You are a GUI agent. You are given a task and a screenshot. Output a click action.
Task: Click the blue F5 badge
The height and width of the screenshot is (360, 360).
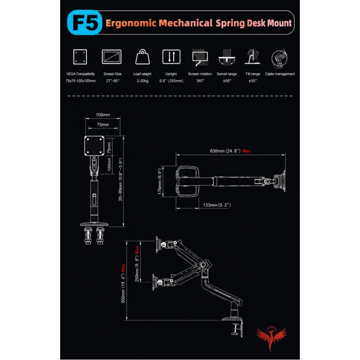click(x=84, y=22)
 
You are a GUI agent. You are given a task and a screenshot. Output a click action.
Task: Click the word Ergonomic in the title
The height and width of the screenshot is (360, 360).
click(x=131, y=23)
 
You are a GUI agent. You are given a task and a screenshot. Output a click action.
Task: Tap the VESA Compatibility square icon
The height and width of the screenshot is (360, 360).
click(x=80, y=57)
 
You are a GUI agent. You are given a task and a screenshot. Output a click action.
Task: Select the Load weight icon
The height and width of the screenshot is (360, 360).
click(x=142, y=57)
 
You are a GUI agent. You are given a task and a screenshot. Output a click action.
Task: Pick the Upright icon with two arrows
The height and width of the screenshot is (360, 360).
click(x=171, y=57)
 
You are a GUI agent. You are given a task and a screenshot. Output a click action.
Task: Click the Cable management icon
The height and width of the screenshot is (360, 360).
click(x=279, y=58)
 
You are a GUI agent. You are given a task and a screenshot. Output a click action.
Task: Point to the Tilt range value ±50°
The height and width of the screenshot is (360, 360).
click(x=253, y=81)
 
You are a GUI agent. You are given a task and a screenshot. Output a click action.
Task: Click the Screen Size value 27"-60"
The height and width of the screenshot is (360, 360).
click(x=113, y=81)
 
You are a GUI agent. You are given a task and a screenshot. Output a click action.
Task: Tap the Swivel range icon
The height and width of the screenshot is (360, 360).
click(x=227, y=58)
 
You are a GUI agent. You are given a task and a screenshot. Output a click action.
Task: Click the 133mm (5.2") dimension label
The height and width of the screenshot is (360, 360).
click(x=217, y=205)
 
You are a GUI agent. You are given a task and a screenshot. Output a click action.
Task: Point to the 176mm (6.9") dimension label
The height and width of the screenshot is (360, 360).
click(x=160, y=182)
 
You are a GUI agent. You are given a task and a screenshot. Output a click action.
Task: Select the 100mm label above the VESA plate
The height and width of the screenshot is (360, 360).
click(x=103, y=115)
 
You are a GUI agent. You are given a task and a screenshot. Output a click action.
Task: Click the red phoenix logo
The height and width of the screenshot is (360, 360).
click(x=271, y=338)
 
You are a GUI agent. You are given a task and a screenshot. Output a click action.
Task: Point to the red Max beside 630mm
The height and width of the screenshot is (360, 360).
click(x=246, y=151)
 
